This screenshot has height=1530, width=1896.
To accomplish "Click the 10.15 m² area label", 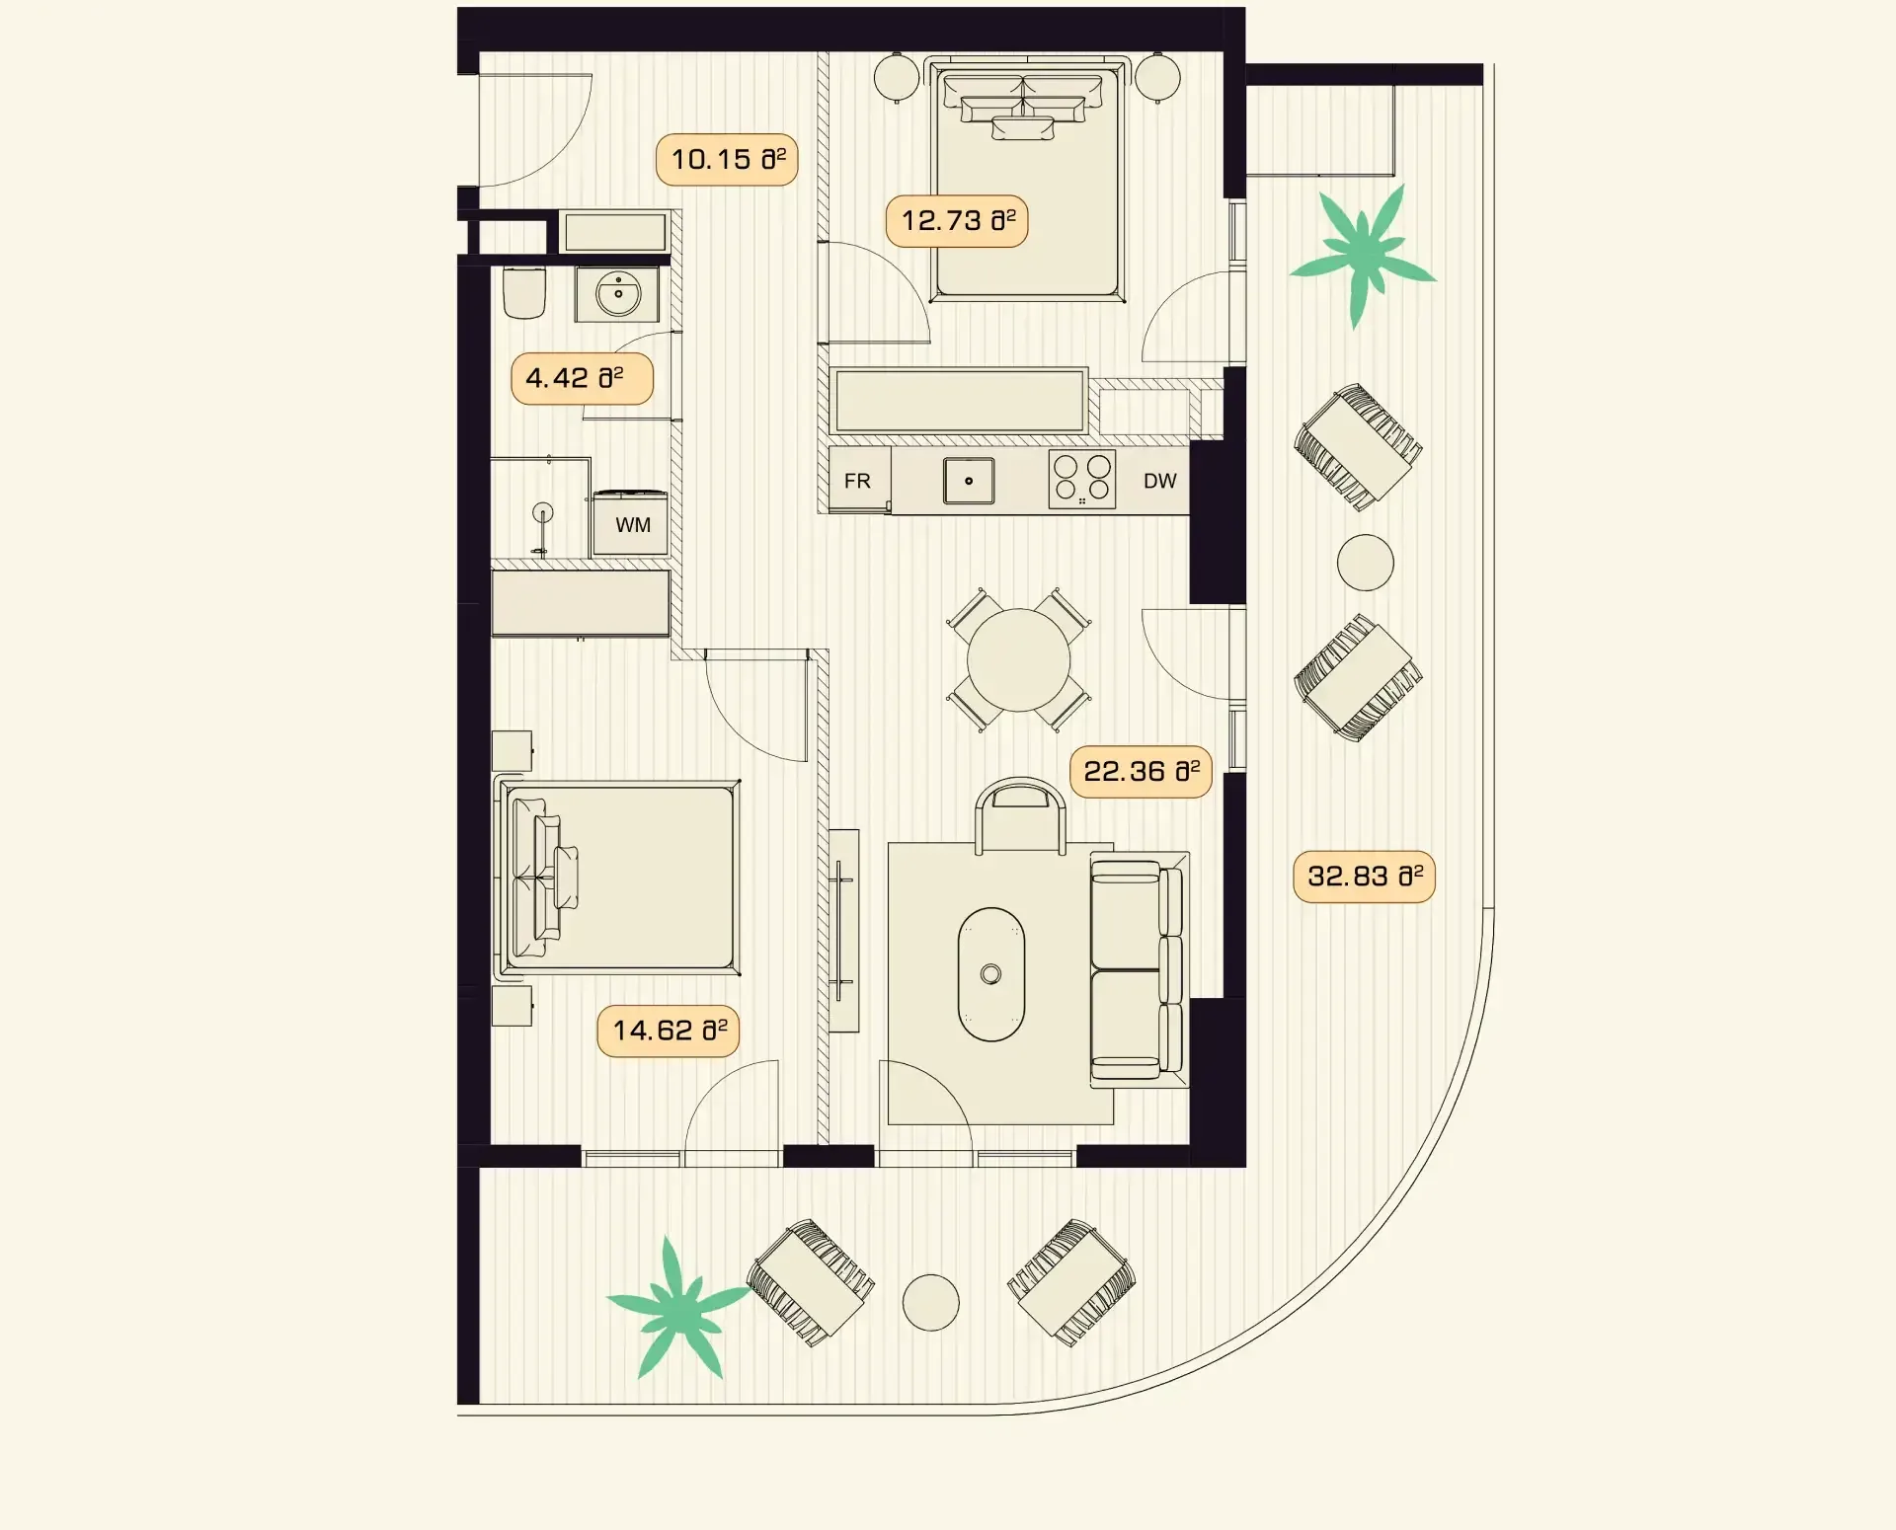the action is tap(727, 160).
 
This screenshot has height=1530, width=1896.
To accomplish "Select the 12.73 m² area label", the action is tap(957, 221).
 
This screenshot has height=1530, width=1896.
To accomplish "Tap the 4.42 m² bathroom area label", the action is tap(582, 378).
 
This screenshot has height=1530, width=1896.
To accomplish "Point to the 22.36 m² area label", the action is tap(1141, 772).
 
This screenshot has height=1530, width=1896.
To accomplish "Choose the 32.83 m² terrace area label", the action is tap(1364, 877).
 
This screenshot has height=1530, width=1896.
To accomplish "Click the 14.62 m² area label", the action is tap(669, 1031).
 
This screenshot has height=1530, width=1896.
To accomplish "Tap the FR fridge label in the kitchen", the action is tap(857, 481).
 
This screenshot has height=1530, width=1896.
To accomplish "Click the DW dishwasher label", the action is tap(1160, 481).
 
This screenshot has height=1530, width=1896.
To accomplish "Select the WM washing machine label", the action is tap(633, 525).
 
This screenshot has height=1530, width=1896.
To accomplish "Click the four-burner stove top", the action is tap(1082, 481).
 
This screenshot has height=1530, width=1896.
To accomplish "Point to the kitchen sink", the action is tap(969, 482).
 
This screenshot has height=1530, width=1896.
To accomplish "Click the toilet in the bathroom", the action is tap(524, 292).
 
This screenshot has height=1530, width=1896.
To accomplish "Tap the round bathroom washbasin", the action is tap(618, 294).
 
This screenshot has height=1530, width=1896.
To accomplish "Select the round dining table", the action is tap(1018, 659).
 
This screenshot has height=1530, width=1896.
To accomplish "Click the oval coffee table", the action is tap(991, 974).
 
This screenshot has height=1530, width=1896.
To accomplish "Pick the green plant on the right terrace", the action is tap(1363, 255).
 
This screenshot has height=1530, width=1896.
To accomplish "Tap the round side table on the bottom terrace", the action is tap(931, 1302).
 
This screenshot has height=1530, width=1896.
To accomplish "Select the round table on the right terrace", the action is tap(1366, 563).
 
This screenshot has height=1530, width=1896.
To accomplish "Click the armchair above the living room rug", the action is tap(1020, 815).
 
